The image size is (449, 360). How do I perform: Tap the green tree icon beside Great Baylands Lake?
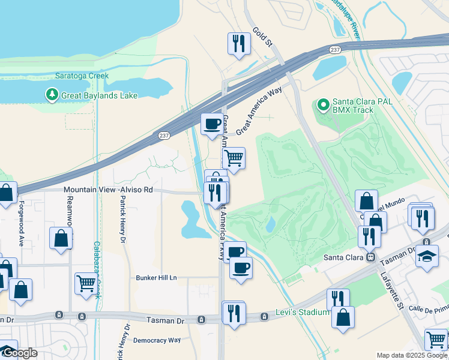point(52,95)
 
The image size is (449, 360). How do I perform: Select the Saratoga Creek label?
point(82,76)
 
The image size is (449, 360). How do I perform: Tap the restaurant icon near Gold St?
point(239,44)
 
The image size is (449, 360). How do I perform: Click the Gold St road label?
point(263,37)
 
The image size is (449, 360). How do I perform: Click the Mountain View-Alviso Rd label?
point(108,190)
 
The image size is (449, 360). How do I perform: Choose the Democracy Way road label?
point(157,340)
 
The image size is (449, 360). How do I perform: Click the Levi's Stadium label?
point(303,312)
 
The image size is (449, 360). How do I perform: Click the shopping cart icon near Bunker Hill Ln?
point(86,283)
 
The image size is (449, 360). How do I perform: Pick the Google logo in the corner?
point(20,353)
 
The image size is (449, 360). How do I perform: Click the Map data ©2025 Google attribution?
point(412,355)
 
